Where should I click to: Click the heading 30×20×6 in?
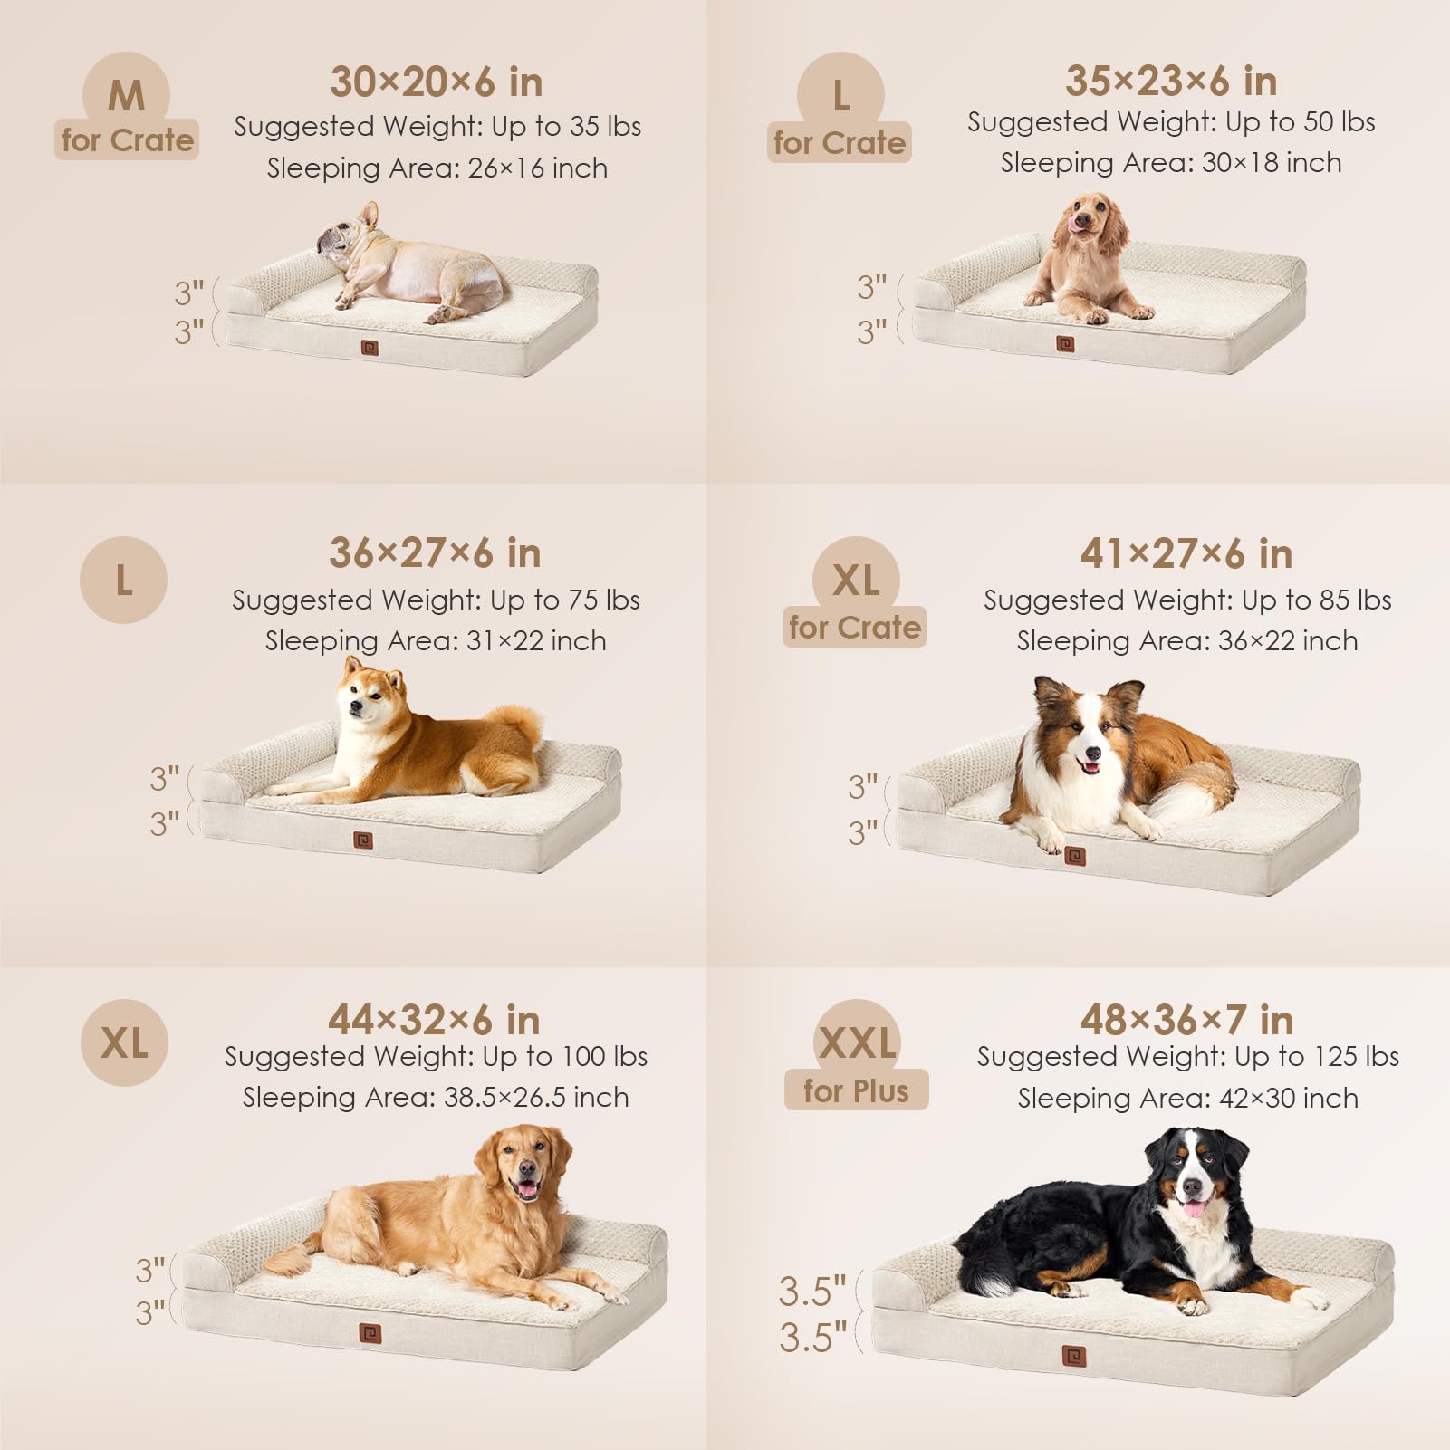pos(436,82)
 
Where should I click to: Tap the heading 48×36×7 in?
pos(1186,1021)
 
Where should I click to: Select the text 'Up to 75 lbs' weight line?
pos(436,600)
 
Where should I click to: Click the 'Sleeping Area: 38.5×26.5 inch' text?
pos(436,1098)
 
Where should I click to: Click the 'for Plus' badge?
pos(856,1091)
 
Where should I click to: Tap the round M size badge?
pos(126,95)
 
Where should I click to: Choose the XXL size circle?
pos(857,1042)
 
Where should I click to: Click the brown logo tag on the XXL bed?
pos(1074,1357)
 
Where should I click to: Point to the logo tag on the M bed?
pos(370,347)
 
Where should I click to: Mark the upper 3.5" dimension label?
pos(812,1292)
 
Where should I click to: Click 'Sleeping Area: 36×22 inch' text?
pos(1186,641)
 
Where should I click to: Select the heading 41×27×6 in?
pos(1186,553)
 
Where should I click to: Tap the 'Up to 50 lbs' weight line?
pos(1171,122)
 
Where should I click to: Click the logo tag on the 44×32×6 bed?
pos(370,1333)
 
